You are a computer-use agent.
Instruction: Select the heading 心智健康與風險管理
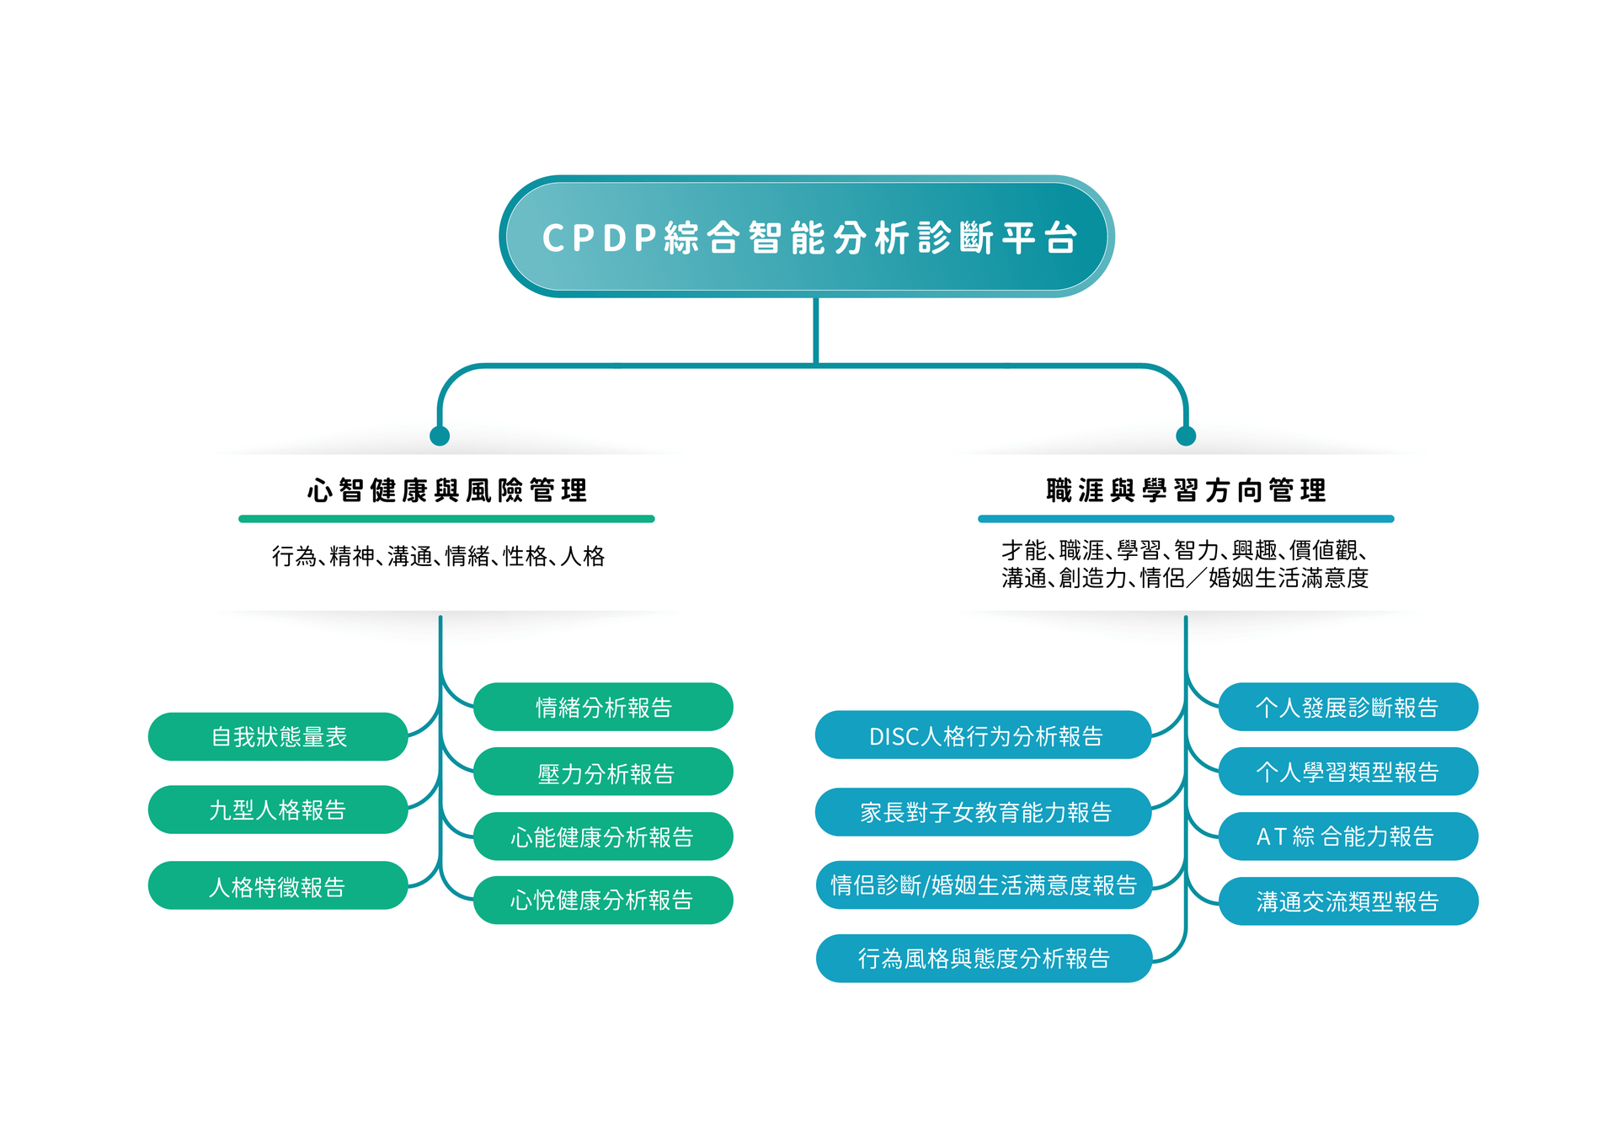click(x=446, y=490)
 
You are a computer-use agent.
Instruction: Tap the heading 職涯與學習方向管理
click(x=1186, y=490)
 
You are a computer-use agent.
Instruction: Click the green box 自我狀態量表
click(x=278, y=737)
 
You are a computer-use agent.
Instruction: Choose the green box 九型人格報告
click(x=278, y=810)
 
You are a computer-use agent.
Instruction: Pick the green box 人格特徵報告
click(x=278, y=886)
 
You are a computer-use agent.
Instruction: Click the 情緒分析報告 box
click(x=603, y=708)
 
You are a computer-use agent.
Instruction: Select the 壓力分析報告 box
click(x=603, y=772)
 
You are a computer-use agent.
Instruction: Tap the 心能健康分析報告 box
click(x=603, y=837)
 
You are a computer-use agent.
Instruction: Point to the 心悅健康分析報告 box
click(x=603, y=901)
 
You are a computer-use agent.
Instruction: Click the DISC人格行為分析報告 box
click(x=984, y=736)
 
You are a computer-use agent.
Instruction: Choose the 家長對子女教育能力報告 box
click(x=984, y=812)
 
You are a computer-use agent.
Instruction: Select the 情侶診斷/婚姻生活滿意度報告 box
click(x=984, y=885)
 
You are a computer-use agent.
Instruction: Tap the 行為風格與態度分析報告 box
click(x=984, y=959)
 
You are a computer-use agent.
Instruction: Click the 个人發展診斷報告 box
click(x=1347, y=708)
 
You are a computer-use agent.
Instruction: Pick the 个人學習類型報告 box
click(x=1347, y=772)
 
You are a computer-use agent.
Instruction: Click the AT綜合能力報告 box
click(x=1347, y=837)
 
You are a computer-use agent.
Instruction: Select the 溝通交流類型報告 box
click(x=1347, y=901)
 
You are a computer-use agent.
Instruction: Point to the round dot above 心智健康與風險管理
click(x=440, y=436)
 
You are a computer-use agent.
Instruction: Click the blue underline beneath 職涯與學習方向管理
click(x=1186, y=519)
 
